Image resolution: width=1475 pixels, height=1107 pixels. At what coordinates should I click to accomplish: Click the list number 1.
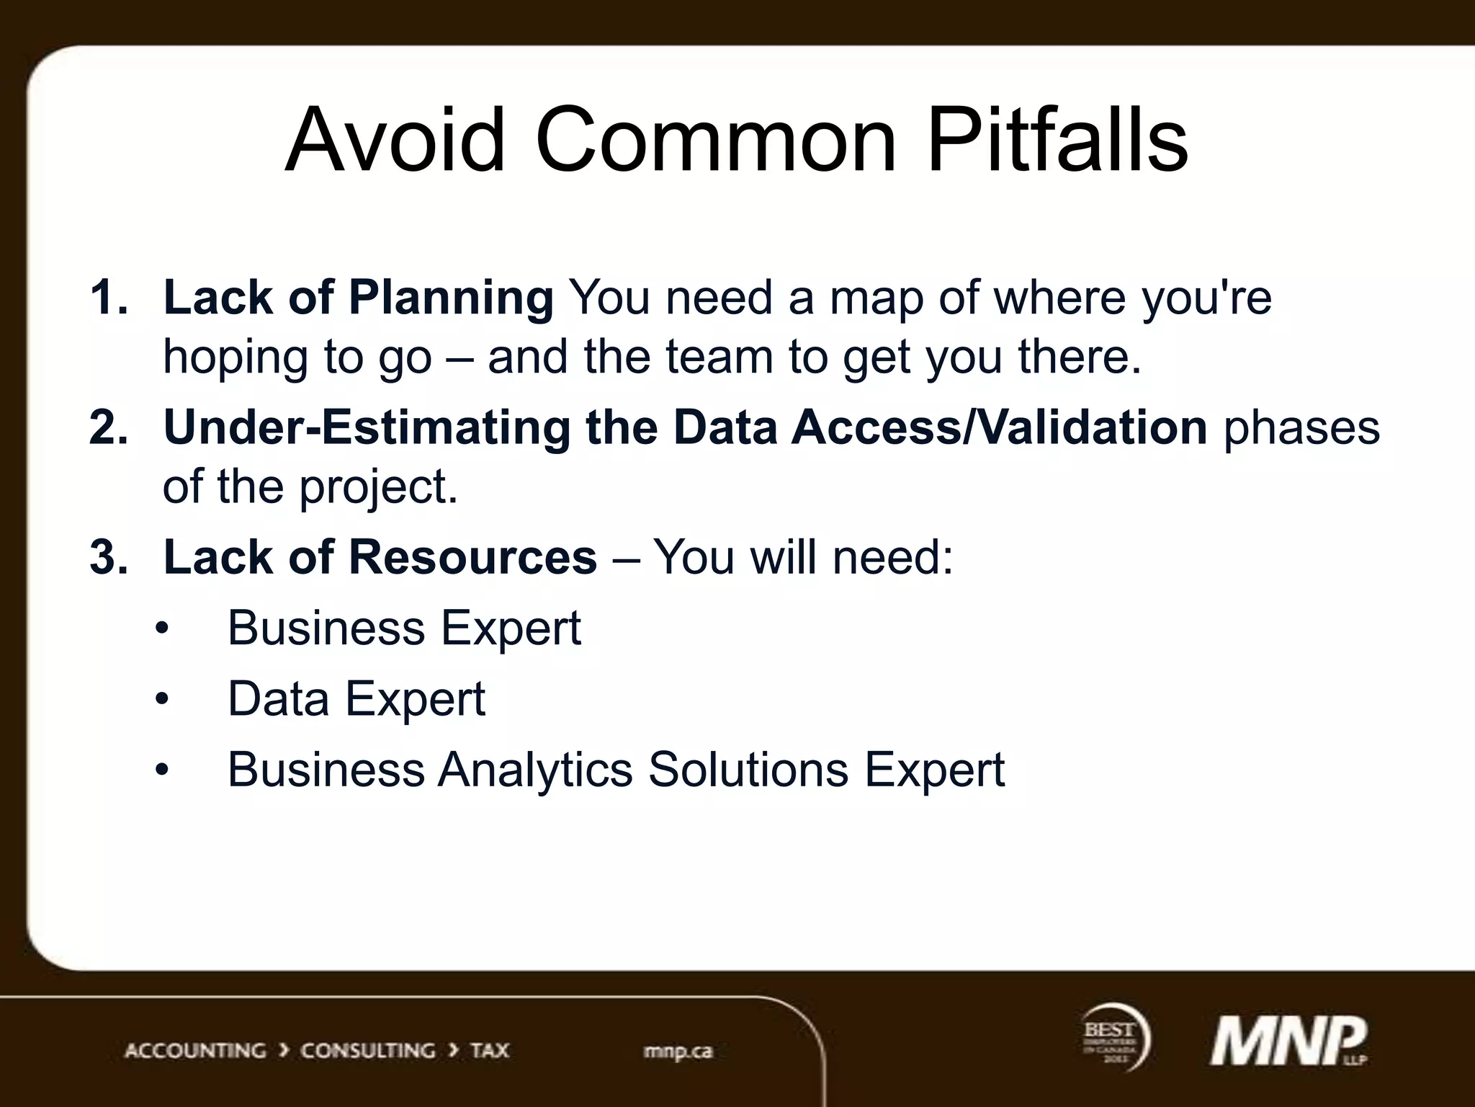pyautogui.click(x=108, y=297)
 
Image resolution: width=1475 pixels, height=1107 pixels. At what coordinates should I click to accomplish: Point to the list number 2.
pyautogui.click(x=108, y=427)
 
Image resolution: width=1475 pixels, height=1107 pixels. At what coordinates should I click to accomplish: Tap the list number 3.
pyautogui.click(x=108, y=557)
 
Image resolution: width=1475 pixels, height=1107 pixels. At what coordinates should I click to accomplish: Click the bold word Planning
pyautogui.click(x=451, y=298)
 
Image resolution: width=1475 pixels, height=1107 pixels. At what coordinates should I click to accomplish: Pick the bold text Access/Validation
pyautogui.click(x=999, y=427)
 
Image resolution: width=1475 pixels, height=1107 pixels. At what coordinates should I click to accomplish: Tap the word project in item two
pyautogui.click(x=377, y=488)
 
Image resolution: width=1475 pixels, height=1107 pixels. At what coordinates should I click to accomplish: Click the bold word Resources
pyautogui.click(x=472, y=557)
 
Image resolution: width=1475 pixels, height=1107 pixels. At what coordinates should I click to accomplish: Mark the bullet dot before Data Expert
pyautogui.click(x=162, y=699)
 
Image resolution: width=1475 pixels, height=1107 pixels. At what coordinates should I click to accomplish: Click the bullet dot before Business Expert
pyautogui.click(x=162, y=628)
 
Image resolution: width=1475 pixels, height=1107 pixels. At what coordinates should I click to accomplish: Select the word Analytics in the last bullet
pyautogui.click(x=535, y=770)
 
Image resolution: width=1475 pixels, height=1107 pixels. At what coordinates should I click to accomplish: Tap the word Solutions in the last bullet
pyautogui.click(x=748, y=770)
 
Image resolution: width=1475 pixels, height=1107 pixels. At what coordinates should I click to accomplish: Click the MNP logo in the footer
pyautogui.click(x=1287, y=1041)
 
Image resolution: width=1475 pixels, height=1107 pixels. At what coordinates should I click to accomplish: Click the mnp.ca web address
pyautogui.click(x=678, y=1052)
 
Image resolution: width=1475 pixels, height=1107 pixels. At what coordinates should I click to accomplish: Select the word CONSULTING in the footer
pyautogui.click(x=367, y=1051)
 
